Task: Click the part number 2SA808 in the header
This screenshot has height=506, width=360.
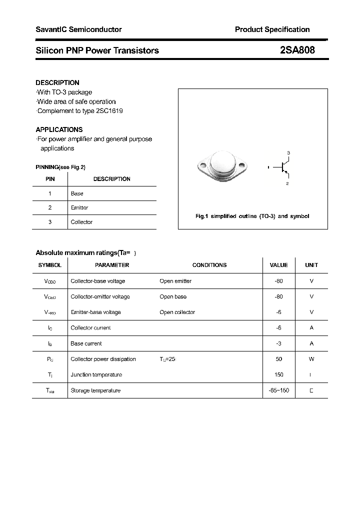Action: coord(297,50)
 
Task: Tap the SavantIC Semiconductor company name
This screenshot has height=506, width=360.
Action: coord(78,29)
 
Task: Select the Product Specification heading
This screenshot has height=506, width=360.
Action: coord(272,29)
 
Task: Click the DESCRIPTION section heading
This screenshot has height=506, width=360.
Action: coord(57,82)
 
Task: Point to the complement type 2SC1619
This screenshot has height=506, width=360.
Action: coord(109,110)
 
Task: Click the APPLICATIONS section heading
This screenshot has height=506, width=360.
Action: coord(59,129)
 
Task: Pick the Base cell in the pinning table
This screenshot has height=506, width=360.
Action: coord(77,193)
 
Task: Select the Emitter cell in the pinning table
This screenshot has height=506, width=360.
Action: coord(79,207)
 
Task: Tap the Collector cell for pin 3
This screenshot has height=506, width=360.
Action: coord(81,222)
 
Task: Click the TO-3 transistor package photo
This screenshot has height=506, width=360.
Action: coord(221,166)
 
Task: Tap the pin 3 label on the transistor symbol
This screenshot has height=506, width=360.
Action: coord(288,152)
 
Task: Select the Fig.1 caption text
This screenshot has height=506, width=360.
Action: coord(252,216)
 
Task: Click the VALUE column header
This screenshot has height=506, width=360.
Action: coord(278,265)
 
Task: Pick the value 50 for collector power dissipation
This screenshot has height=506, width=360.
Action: coord(278,359)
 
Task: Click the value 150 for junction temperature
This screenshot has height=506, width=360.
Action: coord(278,374)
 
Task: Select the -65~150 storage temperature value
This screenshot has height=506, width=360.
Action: coord(278,390)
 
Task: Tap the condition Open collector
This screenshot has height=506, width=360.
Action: coord(177,312)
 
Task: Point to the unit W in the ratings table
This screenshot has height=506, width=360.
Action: coord(311,359)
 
